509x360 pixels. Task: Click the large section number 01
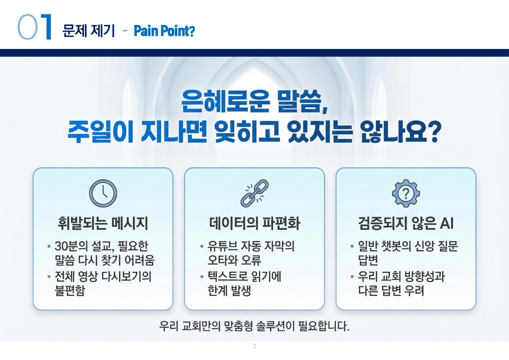(x=34, y=27)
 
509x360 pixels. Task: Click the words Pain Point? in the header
(x=164, y=31)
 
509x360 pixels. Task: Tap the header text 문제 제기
(x=89, y=31)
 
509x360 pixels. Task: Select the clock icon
(x=103, y=194)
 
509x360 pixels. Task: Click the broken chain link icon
(x=255, y=194)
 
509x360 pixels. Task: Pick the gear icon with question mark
(x=406, y=194)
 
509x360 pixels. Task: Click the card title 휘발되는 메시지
(x=103, y=224)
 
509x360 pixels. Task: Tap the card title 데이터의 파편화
(x=255, y=224)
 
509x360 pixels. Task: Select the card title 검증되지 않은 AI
(x=406, y=224)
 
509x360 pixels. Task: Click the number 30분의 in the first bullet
(x=71, y=246)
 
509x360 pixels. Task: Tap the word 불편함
(x=70, y=290)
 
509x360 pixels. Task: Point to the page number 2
(x=255, y=346)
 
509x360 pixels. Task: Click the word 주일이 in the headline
(x=100, y=131)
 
